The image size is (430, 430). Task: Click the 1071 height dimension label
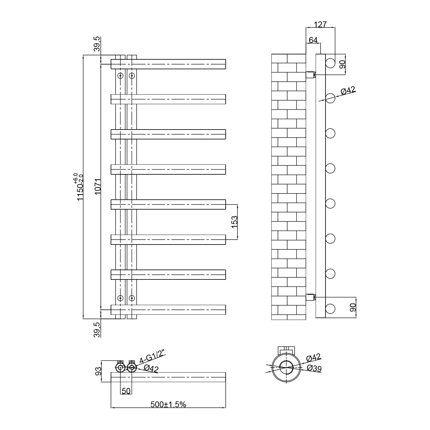coord(98,186)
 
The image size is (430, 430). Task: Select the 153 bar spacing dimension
coord(234,222)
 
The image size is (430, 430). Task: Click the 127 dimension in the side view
coord(320,24)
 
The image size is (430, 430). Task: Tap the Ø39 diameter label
coord(314,375)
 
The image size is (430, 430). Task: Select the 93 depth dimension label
coord(98,371)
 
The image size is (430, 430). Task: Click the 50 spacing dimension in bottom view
coord(126,391)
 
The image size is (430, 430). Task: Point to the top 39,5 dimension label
coord(97,44)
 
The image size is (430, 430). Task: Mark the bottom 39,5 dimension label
coord(97,330)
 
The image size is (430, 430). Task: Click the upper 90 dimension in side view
coord(343,64)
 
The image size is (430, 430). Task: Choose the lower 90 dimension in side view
coord(353,308)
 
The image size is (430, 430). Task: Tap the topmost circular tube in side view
coord(330,63)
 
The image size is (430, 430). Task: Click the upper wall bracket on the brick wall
coord(310,75)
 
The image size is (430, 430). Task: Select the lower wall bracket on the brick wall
coord(310,297)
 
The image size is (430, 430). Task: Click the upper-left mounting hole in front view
coord(121,76)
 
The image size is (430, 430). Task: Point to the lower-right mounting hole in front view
coord(132,298)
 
